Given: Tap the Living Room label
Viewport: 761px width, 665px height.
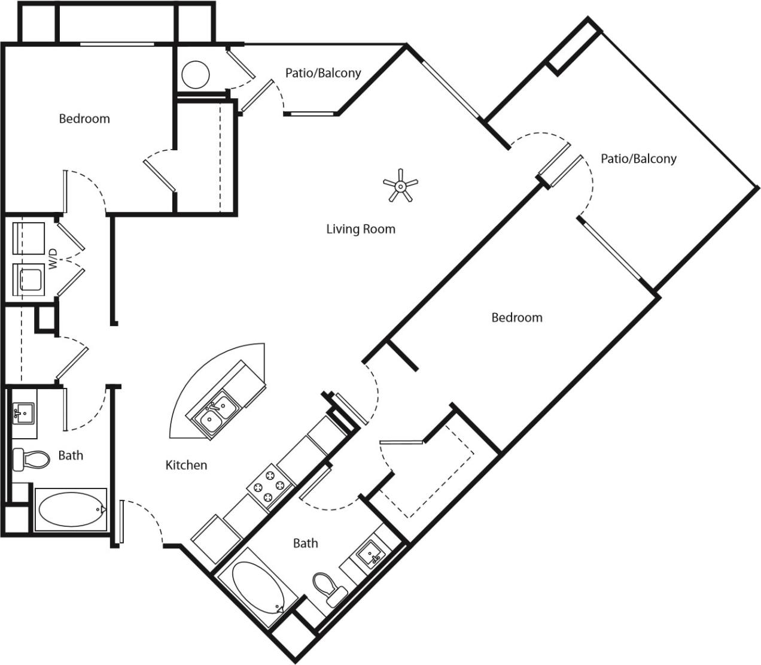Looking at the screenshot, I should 360,229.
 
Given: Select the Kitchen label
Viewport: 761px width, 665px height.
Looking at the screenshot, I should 186,465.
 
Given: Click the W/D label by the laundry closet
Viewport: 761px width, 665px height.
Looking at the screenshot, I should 53,259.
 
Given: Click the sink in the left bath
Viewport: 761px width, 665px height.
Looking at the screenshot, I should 24,413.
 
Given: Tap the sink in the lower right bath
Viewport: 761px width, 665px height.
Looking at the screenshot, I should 372,554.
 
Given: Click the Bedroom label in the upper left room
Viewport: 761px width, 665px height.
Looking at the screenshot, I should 84,119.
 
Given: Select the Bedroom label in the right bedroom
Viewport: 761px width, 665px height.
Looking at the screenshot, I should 516,317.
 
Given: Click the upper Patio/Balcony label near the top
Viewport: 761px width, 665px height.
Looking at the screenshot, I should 323,73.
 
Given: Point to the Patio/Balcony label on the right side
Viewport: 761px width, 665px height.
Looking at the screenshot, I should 638,159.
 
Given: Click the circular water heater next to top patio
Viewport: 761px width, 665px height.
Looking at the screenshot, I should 196,74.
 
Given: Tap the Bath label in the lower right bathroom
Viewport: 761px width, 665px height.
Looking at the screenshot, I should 305,543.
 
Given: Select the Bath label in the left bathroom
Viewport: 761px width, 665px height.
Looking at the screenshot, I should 71,456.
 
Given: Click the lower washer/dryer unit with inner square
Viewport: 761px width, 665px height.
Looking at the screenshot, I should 29,280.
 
